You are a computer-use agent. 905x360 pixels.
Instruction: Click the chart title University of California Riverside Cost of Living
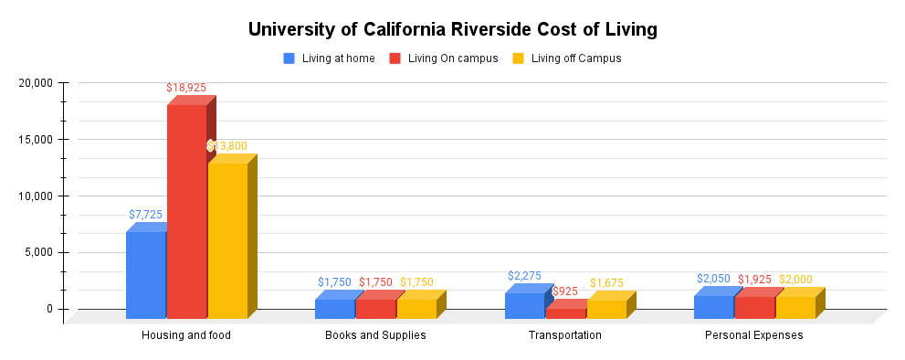[452, 29]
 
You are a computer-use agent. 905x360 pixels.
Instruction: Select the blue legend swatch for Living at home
[289, 58]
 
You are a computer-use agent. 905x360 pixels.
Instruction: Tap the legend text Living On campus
[452, 58]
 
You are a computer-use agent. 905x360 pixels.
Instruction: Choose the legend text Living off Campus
[575, 58]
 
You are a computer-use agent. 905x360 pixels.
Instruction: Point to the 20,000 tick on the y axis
[37, 83]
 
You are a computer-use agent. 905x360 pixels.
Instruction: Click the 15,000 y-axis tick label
[37, 140]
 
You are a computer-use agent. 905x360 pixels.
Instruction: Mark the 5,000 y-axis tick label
[40, 253]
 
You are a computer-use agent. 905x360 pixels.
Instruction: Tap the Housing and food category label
[186, 335]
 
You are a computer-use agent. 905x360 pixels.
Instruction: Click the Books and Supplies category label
[375, 335]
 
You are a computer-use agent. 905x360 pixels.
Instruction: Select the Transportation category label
[564, 335]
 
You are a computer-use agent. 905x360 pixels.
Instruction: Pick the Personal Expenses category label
[753, 335]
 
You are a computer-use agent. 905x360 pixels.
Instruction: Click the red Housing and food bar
[186, 210]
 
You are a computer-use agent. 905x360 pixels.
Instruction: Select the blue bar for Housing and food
[145, 274]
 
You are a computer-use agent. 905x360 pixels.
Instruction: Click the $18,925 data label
[186, 88]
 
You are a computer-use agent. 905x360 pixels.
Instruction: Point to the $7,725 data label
[145, 215]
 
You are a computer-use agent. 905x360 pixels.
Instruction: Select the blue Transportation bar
[524, 305]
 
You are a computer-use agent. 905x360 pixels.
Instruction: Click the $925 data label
[565, 291]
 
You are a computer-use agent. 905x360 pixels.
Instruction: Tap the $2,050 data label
[713, 279]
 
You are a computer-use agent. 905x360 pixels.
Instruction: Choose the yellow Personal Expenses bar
[795, 307]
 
